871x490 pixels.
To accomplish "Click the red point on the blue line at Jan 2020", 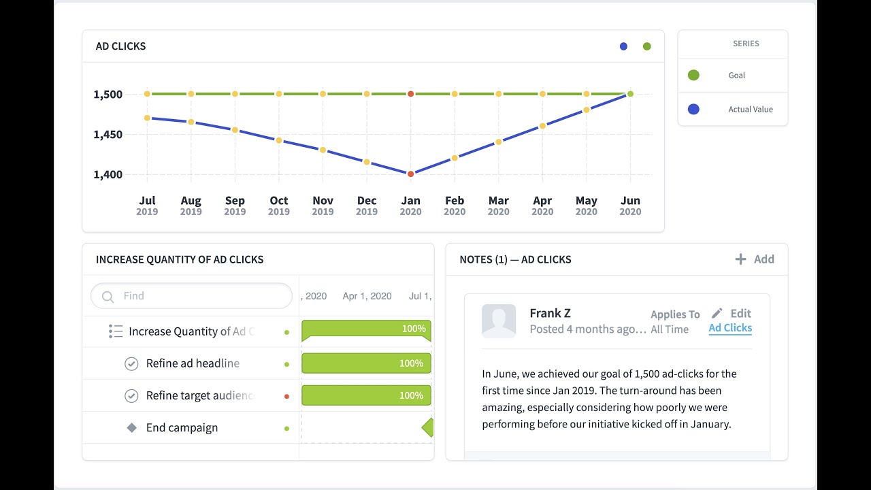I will [410, 174].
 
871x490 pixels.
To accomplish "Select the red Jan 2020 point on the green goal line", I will [410, 94].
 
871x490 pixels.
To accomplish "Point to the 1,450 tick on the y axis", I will [108, 135].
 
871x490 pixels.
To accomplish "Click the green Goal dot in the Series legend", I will [693, 76].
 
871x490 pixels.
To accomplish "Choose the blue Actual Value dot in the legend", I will [693, 109].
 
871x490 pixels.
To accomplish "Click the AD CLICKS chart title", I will [121, 46].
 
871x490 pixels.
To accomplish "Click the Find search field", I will [197, 296].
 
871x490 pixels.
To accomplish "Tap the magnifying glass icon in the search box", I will [108, 297].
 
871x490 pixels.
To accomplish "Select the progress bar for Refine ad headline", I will [366, 363].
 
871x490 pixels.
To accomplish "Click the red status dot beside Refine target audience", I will [286, 396].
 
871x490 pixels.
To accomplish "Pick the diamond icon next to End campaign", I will [132, 428].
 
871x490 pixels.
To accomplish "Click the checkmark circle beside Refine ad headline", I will [131, 364].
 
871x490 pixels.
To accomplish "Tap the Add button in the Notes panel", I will [755, 259].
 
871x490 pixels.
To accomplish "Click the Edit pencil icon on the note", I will [717, 313].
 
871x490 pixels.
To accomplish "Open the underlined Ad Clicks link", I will [730, 328].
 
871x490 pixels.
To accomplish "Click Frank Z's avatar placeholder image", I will [499, 321].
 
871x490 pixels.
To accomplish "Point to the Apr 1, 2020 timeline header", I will [367, 296].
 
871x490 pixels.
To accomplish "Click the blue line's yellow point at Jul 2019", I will [147, 118].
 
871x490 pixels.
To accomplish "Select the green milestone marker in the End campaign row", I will [427, 428].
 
